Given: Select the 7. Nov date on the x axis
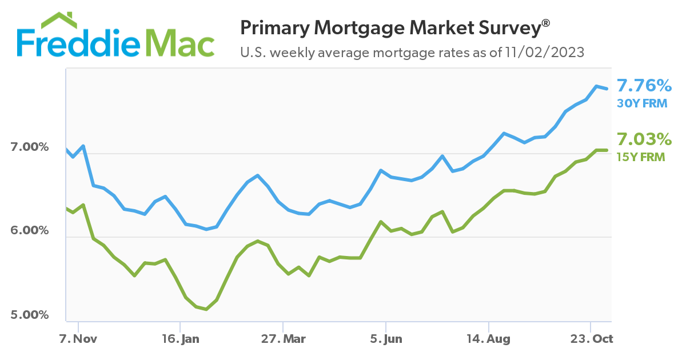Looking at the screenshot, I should pos(79,339).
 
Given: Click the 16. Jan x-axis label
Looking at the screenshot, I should pos(181,339).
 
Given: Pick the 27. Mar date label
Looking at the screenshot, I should pos(284,339).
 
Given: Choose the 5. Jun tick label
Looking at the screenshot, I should pos(386,339).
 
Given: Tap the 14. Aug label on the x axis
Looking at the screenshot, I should pos(489,339).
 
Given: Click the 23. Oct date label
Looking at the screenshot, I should pos(592,339).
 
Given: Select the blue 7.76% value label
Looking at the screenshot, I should pos(644,86).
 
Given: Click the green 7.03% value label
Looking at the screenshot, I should pos(643,139).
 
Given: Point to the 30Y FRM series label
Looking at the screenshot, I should pos(641,103).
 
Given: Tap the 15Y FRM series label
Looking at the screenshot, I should pos(641,156).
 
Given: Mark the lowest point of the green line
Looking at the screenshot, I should pos(206,309).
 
